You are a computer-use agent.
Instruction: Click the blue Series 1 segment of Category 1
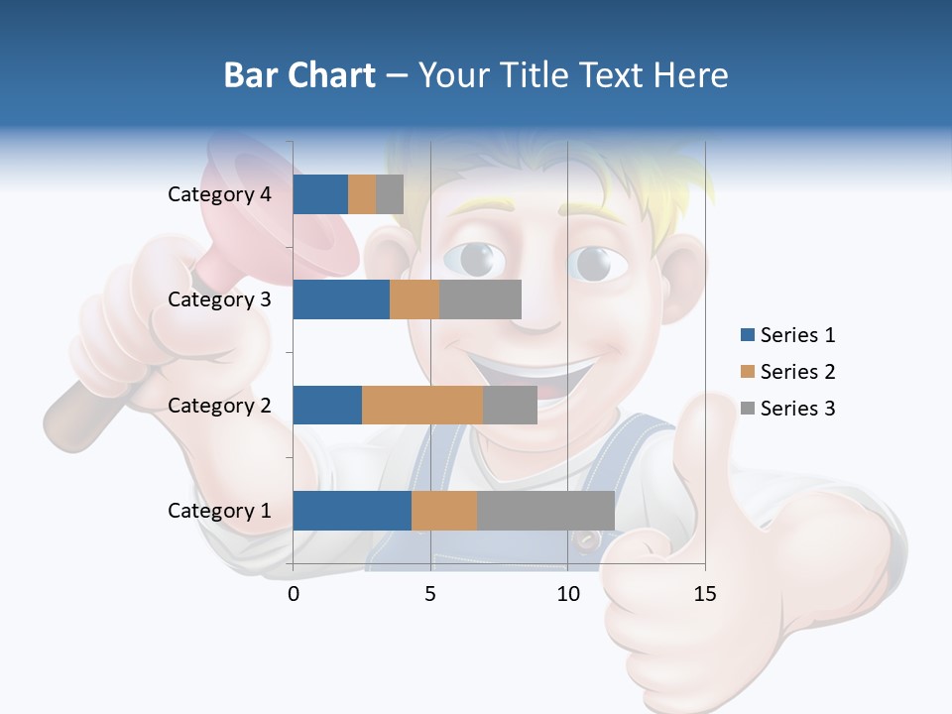(x=352, y=511)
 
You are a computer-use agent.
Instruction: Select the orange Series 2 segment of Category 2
(x=422, y=405)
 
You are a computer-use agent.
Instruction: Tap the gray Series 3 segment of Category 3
(x=480, y=299)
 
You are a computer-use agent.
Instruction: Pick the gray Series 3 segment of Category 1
(x=545, y=511)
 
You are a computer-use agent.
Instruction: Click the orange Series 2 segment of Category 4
(x=362, y=194)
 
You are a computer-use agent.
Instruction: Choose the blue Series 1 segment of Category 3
(x=341, y=299)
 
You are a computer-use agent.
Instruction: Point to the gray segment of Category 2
(x=510, y=405)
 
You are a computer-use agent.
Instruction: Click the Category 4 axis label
(x=219, y=194)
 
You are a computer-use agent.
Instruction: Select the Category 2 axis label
(x=219, y=405)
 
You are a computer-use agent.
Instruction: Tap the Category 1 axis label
(x=219, y=511)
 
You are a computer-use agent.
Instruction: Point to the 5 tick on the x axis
(x=430, y=594)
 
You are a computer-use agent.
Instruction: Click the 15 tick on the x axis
(x=704, y=594)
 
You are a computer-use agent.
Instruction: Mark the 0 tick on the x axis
(x=294, y=594)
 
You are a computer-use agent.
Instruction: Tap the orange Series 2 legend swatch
(x=748, y=372)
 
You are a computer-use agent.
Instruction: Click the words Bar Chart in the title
(x=299, y=75)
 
